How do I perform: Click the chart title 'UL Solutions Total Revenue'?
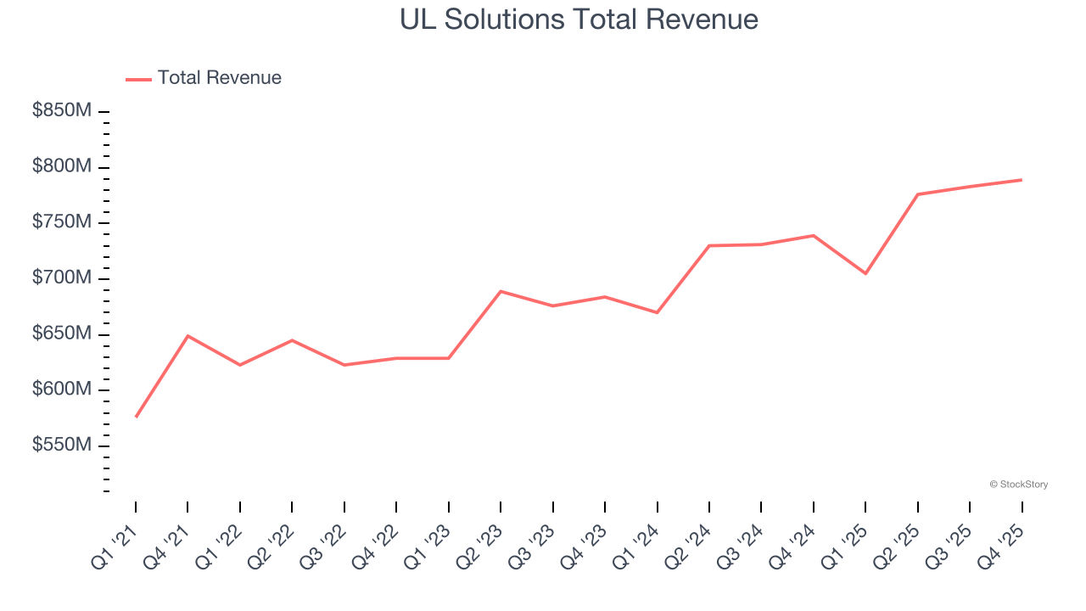click(579, 19)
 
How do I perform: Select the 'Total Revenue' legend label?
click(219, 78)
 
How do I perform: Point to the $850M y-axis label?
click(62, 111)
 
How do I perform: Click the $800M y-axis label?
click(62, 167)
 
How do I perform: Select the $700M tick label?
click(62, 278)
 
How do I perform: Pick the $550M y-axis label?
click(62, 446)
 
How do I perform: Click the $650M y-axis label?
click(62, 334)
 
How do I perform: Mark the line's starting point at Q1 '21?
click(136, 417)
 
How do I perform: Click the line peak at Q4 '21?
click(188, 336)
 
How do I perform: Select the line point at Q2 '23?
click(501, 291)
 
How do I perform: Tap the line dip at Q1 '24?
click(657, 312)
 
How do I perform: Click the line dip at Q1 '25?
click(865, 273)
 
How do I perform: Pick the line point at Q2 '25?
click(918, 194)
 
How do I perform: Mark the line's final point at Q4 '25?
click(1022, 180)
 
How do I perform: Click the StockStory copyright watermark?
click(1018, 485)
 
